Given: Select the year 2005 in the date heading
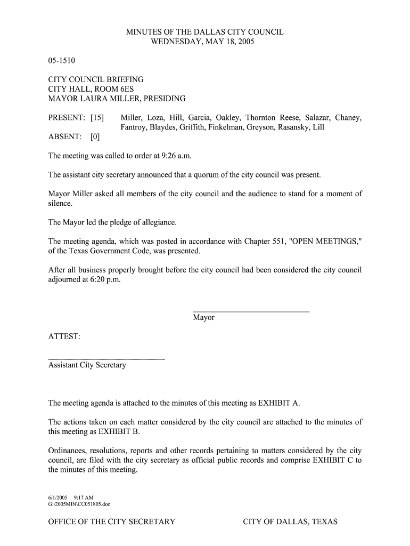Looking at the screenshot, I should pos(245,42).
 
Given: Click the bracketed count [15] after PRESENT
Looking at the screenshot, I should pos(97,117).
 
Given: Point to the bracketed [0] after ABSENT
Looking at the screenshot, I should pos(95,136).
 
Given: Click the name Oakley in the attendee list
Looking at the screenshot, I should pos(227,117).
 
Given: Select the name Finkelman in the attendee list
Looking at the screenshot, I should pos(225,127).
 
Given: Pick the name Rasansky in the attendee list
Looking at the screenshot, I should pos(292,127).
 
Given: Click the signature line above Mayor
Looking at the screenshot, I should pos(251,311).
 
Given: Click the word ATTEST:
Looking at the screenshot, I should pos(64,336).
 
